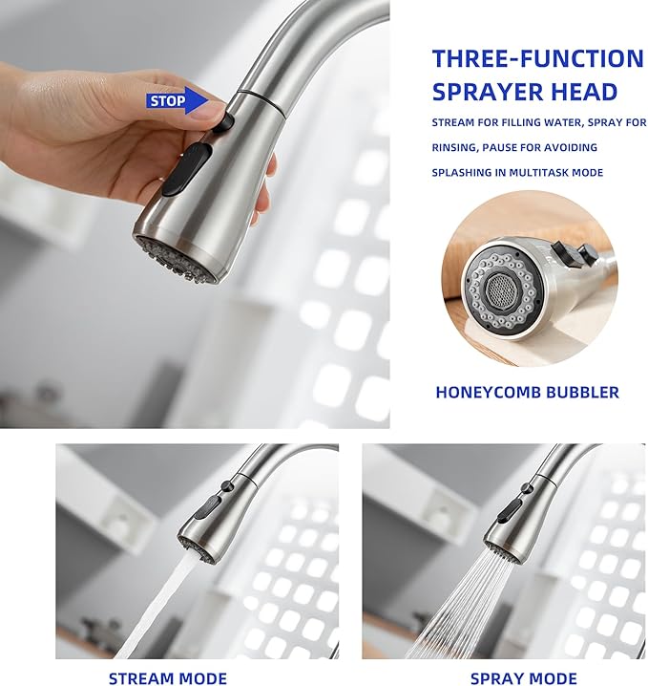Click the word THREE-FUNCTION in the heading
[537, 58]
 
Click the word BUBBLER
[577, 392]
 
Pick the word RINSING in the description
[453, 147]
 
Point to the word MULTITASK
[564, 172]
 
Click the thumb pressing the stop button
[212, 109]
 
